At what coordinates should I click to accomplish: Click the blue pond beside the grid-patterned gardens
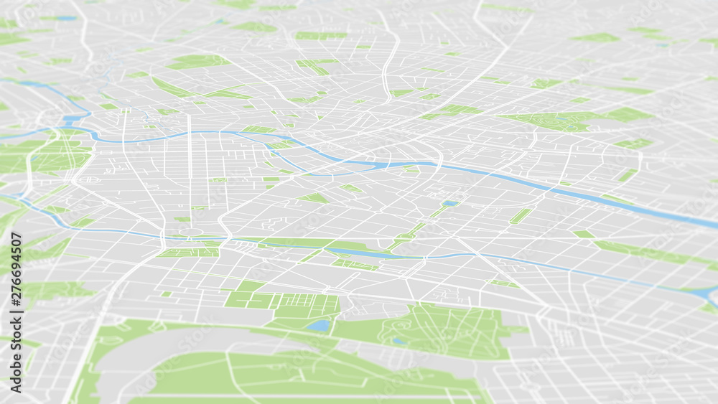(318, 325)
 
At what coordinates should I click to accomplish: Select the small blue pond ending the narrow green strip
(450, 203)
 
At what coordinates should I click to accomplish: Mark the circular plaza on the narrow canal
(191, 232)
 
